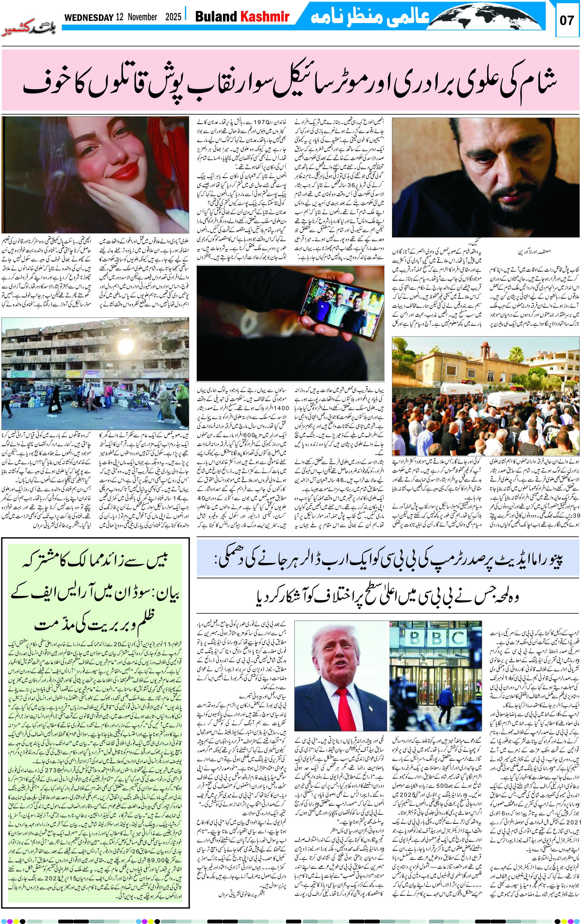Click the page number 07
tap(566, 20)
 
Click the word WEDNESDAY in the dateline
tap(89, 17)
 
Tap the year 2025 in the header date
tap(173, 17)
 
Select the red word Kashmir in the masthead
tap(264, 17)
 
